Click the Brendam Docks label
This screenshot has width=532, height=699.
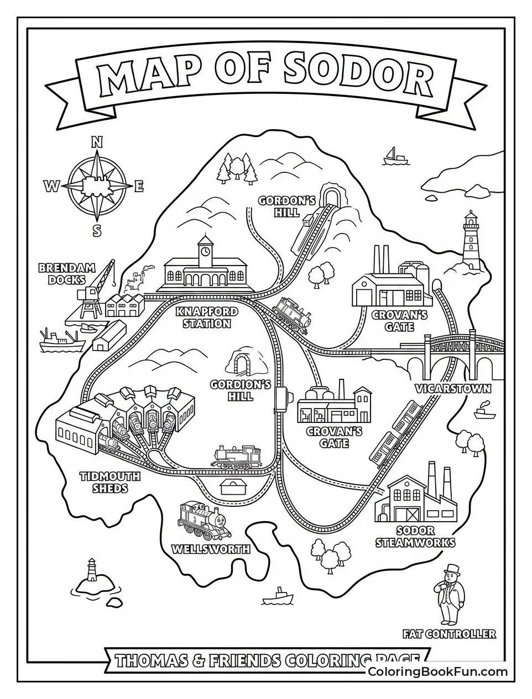66,274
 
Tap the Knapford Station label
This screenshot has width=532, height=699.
207,317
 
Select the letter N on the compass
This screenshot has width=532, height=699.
97,142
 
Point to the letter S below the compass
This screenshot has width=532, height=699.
97,230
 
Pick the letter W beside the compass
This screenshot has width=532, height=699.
52,187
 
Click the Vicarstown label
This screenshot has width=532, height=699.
453,389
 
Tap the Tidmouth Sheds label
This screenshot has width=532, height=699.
110,482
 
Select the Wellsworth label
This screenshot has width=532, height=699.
211,549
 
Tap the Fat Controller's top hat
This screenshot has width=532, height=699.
453,569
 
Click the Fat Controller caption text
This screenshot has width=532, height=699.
449,634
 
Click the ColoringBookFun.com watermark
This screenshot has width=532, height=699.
437,672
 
